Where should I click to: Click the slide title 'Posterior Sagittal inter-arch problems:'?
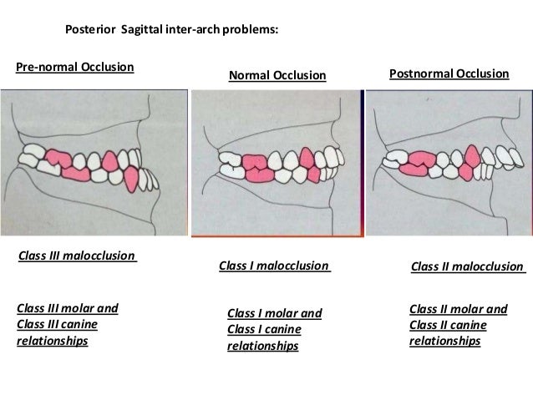[171, 29]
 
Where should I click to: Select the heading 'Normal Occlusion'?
[277, 76]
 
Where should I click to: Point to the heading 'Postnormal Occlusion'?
[449, 73]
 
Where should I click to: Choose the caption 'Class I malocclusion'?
[274, 266]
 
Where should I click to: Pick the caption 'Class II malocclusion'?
[468, 266]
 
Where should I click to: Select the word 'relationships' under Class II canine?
[444, 341]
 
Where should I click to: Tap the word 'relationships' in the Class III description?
[52, 341]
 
